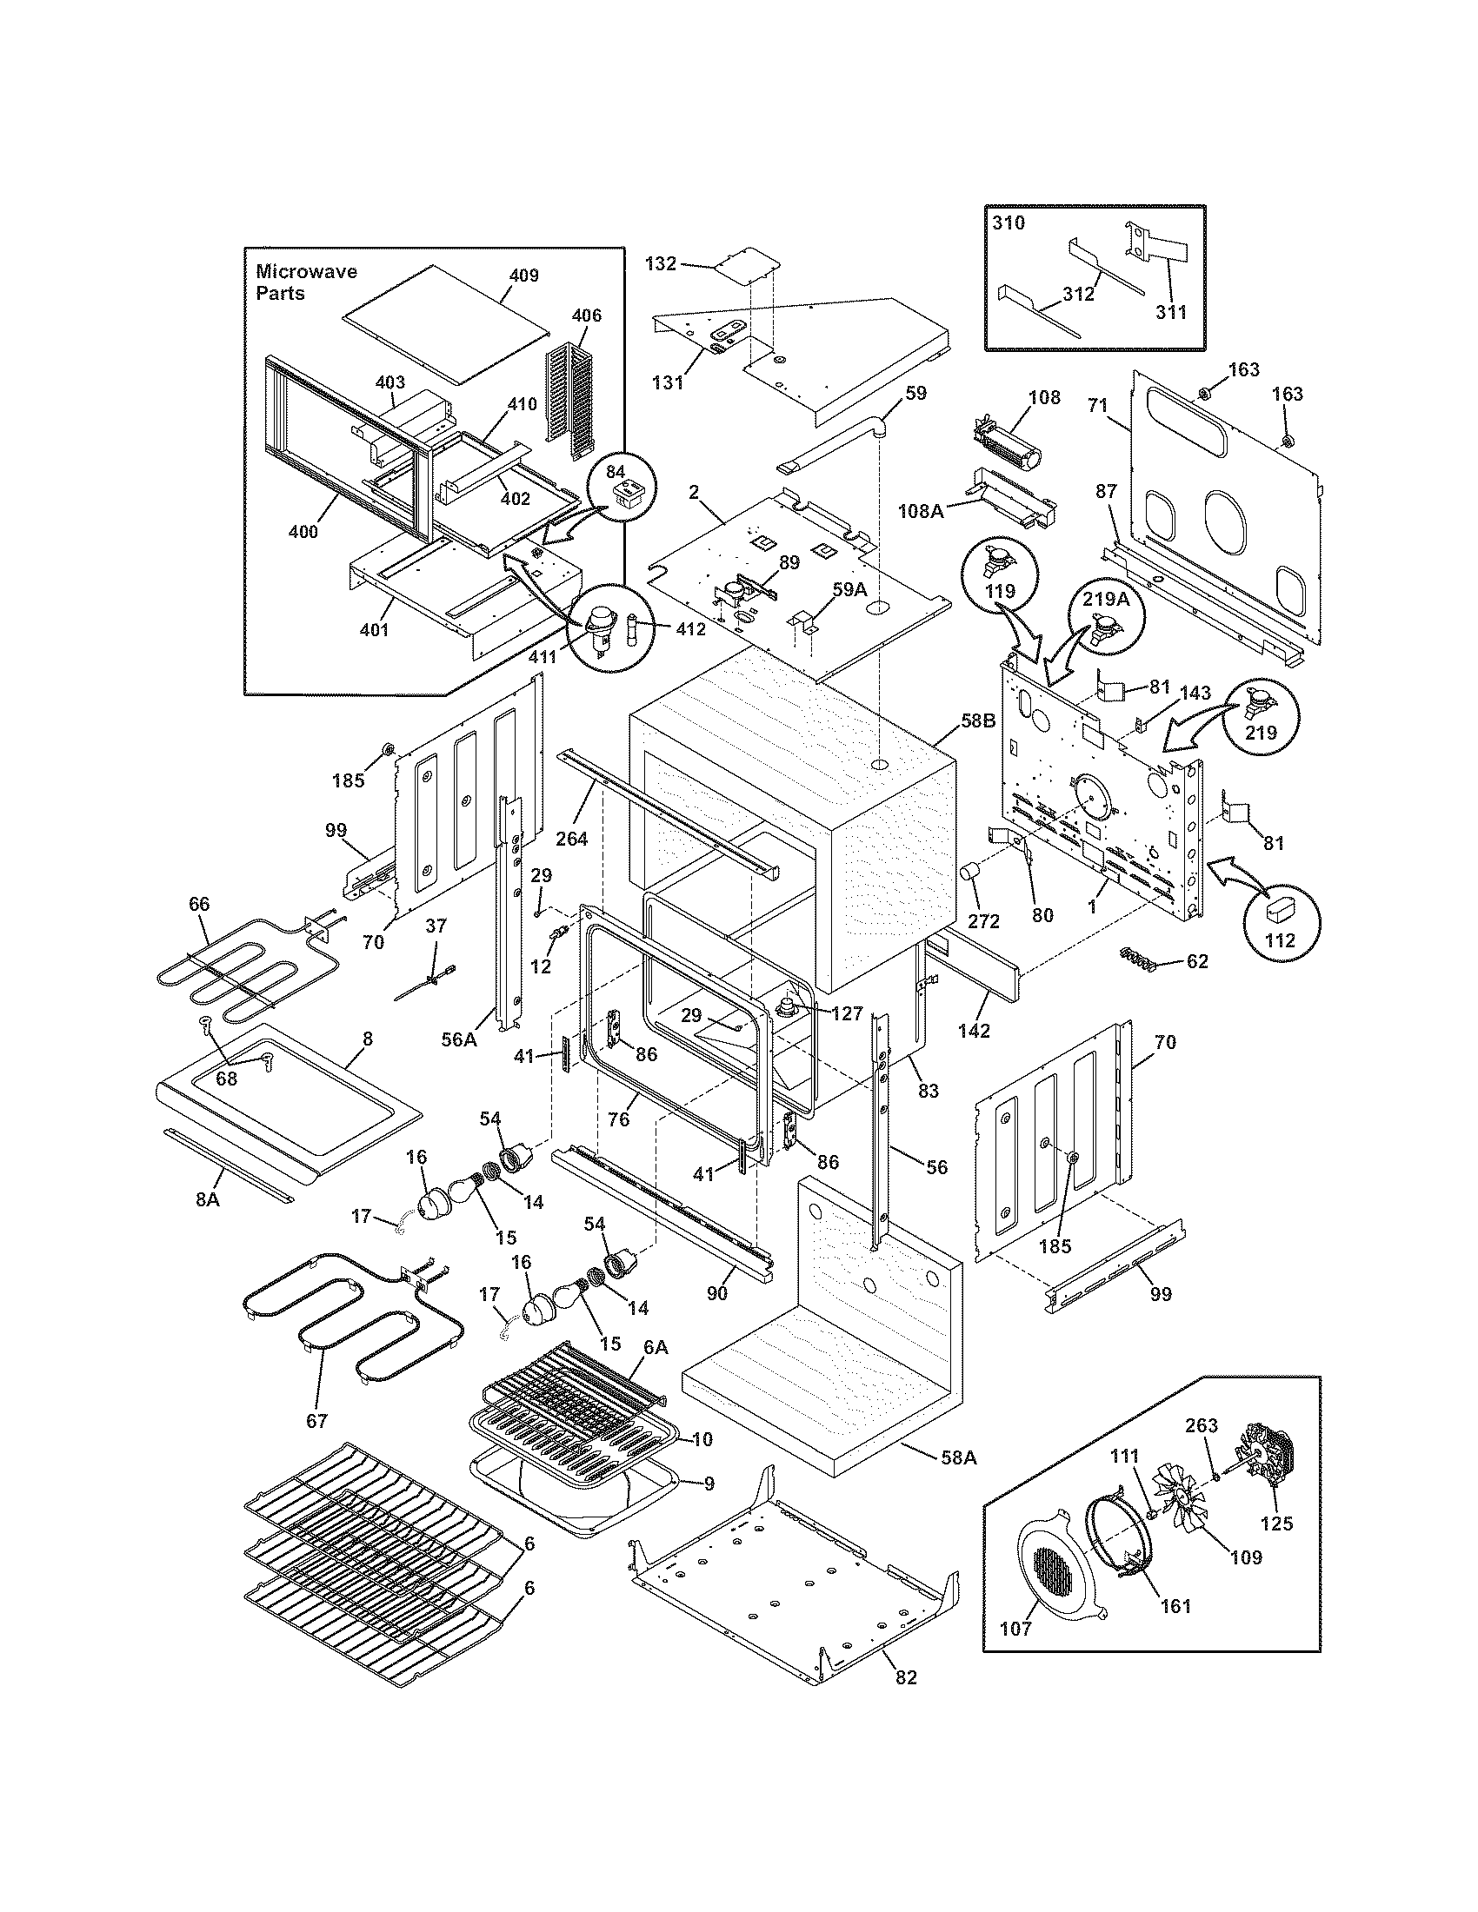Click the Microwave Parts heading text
point(305,282)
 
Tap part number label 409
point(523,275)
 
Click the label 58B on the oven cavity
point(978,721)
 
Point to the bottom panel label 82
point(906,1676)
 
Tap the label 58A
point(957,1457)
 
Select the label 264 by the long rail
point(571,838)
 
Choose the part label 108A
point(920,510)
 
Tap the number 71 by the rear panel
point(1098,406)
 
